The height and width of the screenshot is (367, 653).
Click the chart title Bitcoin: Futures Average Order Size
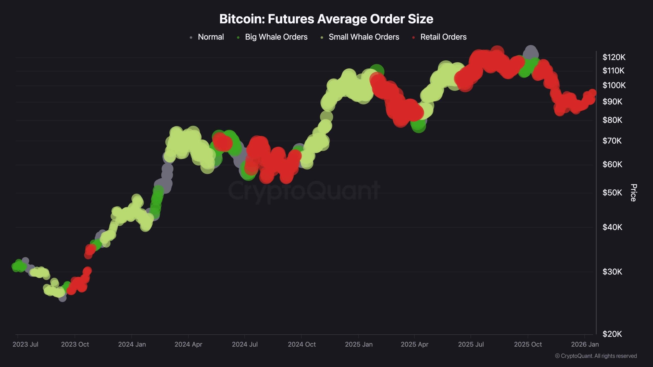tap(326, 19)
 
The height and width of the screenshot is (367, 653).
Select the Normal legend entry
tap(211, 37)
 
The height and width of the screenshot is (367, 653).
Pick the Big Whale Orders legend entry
tap(276, 37)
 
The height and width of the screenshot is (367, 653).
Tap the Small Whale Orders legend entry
tap(364, 37)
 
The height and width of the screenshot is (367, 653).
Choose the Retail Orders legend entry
tap(443, 37)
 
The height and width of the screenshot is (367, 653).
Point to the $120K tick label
tap(614, 57)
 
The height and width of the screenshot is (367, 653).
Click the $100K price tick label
tap(614, 85)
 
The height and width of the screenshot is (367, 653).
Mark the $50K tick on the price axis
tap(612, 193)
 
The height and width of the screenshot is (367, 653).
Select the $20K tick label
tap(612, 334)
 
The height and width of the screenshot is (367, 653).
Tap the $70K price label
tap(612, 141)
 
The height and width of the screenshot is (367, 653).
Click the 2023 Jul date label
tap(25, 344)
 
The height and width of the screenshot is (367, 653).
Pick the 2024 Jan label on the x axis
tap(132, 344)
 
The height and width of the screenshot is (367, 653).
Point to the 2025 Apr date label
tap(415, 344)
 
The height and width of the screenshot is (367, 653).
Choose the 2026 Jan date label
tap(585, 344)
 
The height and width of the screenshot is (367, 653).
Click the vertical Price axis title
tap(634, 193)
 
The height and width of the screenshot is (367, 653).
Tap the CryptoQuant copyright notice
tap(596, 356)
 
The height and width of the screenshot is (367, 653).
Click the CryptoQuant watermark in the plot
tap(304, 191)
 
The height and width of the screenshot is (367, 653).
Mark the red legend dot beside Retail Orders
tap(413, 37)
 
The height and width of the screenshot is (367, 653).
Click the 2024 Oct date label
tap(302, 344)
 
